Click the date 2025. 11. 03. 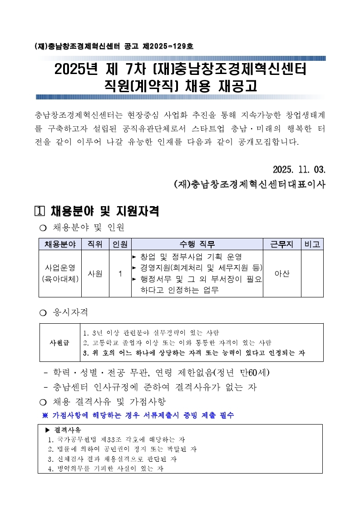[x=299, y=170]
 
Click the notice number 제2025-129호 [x=168, y=46]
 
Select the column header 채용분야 [x=60, y=244]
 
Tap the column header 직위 [x=95, y=244]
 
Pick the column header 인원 [x=120, y=244]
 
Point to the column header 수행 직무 [x=197, y=244]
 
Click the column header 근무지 [x=282, y=244]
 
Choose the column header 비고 [x=312, y=244]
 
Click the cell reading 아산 [x=282, y=274]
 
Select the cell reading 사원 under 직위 [x=95, y=274]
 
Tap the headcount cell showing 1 [x=120, y=274]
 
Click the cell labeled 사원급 [x=60, y=342]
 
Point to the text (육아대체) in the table [x=60, y=279]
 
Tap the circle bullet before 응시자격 [x=43, y=313]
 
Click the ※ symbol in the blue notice [x=45, y=415]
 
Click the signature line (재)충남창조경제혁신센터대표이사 [x=250, y=185]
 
